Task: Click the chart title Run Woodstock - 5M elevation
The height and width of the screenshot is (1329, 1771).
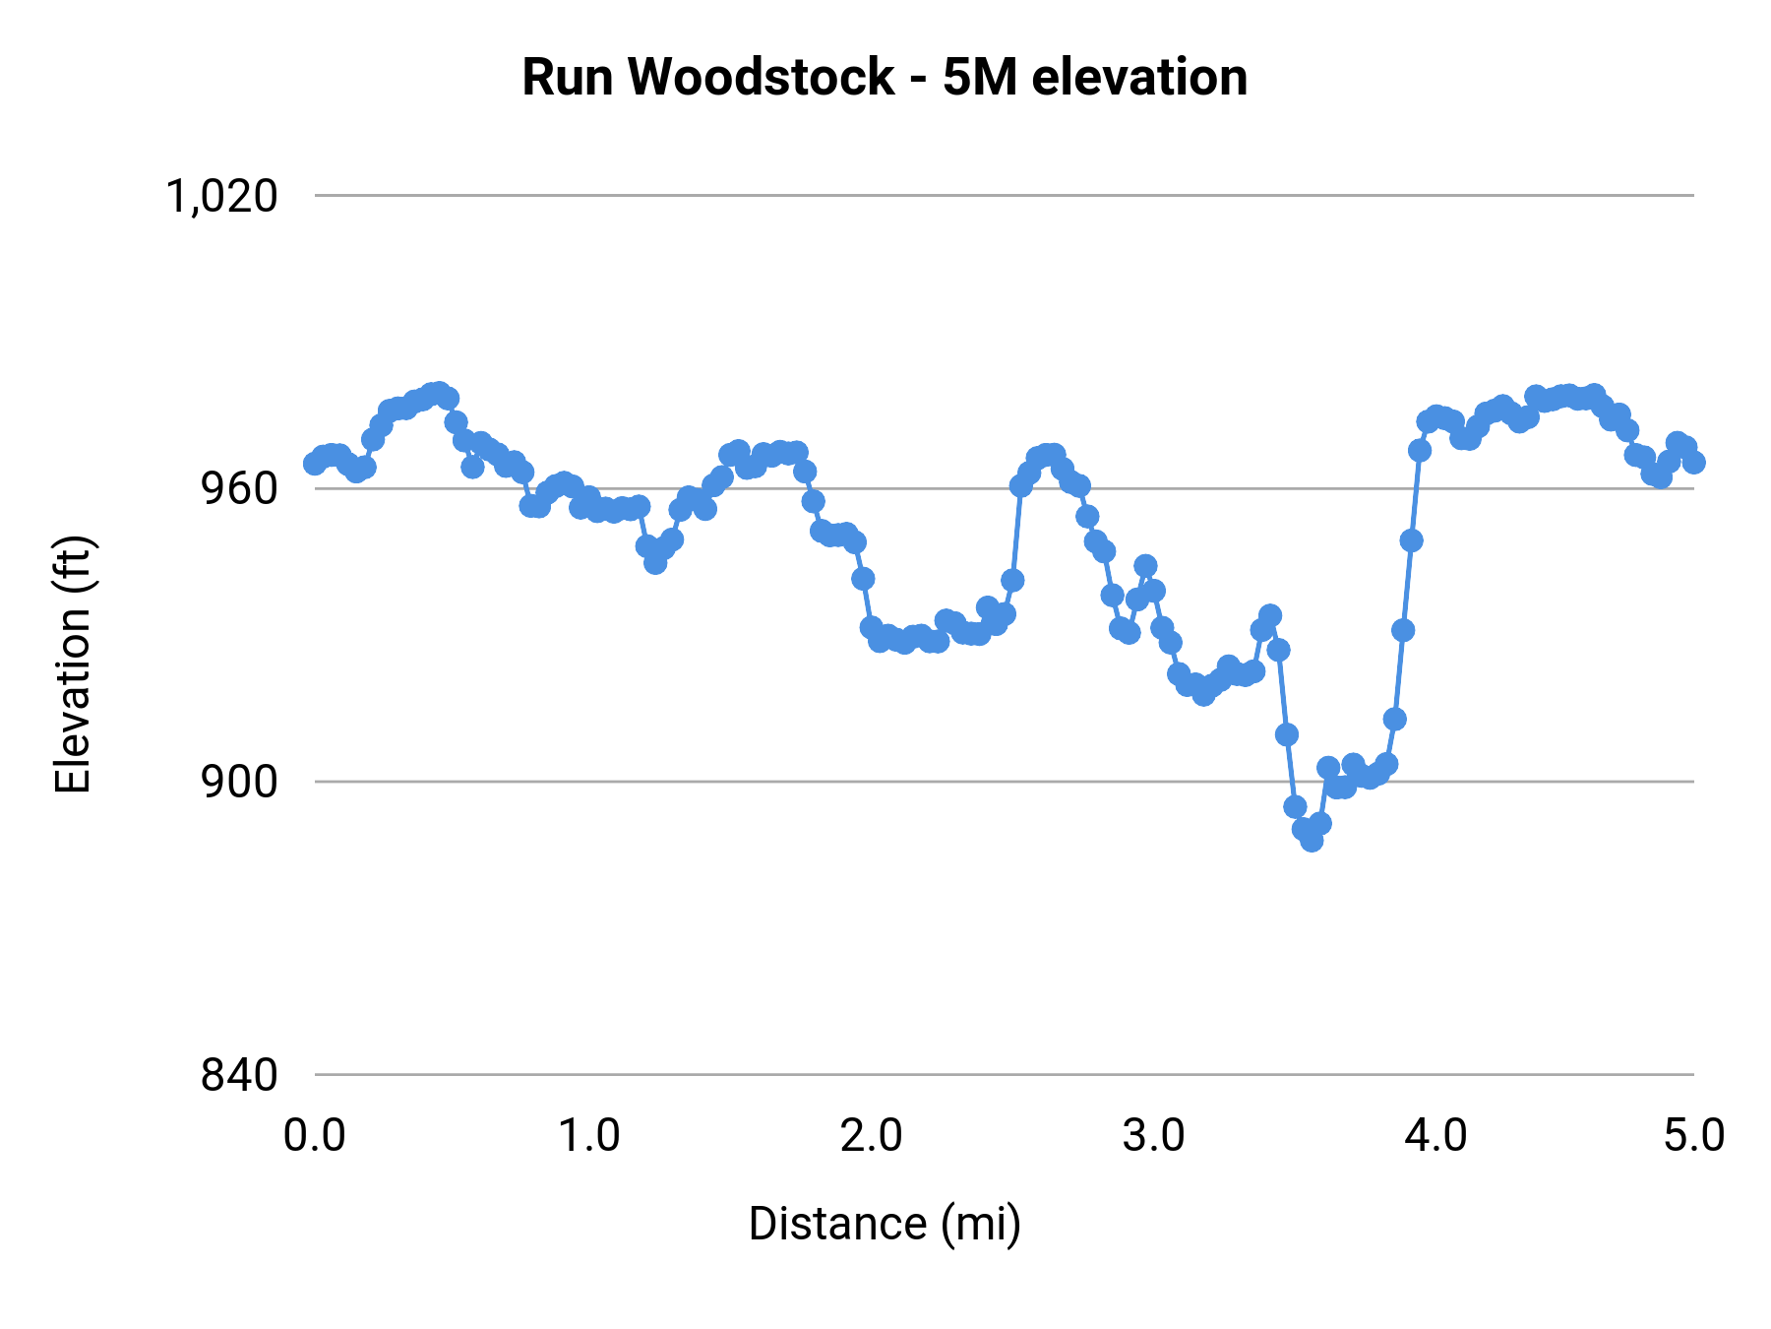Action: pyautogui.click(x=885, y=77)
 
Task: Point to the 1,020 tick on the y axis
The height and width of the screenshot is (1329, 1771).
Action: pyautogui.click(x=222, y=196)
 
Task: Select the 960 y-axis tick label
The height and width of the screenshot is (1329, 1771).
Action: pyautogui.click(x=239, y=489)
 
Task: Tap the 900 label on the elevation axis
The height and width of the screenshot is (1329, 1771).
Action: pyautogui.click(x=239, y=782)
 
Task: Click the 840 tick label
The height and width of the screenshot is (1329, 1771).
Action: pyautogui.click(x=239, y=1075)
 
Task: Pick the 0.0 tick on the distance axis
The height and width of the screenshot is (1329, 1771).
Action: pyautogui.click(x=314, y=1136)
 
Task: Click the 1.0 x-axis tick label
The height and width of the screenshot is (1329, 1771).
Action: pyautogui.click(x=589, y=1136)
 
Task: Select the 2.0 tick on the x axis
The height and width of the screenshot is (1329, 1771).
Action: pyautogui.click(x=871, y=1136)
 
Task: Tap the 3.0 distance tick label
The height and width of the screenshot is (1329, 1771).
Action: pyautogui.click(x=1153, y=1136)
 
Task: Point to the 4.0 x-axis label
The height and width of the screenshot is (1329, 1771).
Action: pyautogui.click(x=1435, y=1136)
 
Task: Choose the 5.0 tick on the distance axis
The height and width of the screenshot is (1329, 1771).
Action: pyautogui.click(x=1694, y=1136)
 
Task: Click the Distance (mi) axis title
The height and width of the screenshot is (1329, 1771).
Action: pyautogui.click(x=885, y=1224)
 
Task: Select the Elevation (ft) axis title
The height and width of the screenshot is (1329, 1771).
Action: pyautogui.click(x=73, y=664)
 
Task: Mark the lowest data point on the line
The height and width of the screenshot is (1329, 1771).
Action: pyautogui.click(x=1312, y=840)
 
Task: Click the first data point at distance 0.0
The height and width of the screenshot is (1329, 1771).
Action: pyautogui.click(x=315, y=463)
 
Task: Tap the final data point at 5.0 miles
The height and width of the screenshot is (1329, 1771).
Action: pyautogui.click(x=1694, y=462)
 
